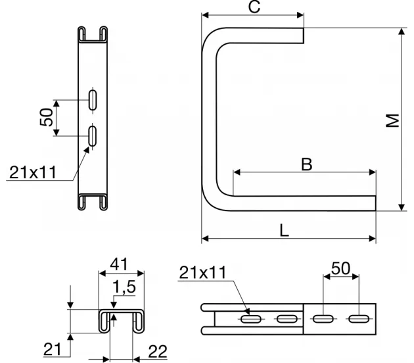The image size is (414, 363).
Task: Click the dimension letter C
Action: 254,7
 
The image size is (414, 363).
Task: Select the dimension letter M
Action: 393,120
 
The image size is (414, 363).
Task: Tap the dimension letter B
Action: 306,164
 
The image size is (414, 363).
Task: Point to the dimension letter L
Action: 284,230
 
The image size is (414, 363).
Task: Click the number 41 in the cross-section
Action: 119,264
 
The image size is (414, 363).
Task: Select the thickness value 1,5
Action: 124,287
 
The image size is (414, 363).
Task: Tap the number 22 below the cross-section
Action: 158,351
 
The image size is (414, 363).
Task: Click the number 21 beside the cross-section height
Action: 53,349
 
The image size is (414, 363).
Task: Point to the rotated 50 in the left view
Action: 47,117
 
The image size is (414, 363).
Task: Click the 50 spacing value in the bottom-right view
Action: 341,268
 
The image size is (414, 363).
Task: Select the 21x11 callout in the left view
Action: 33,172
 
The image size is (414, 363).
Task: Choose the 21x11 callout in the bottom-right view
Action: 203,272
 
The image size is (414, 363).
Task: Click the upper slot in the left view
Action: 93,100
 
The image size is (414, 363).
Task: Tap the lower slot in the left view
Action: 93,136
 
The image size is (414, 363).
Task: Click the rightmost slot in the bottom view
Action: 359,319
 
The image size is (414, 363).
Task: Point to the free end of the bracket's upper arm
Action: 304,36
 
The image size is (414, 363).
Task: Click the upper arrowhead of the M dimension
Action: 402,31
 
